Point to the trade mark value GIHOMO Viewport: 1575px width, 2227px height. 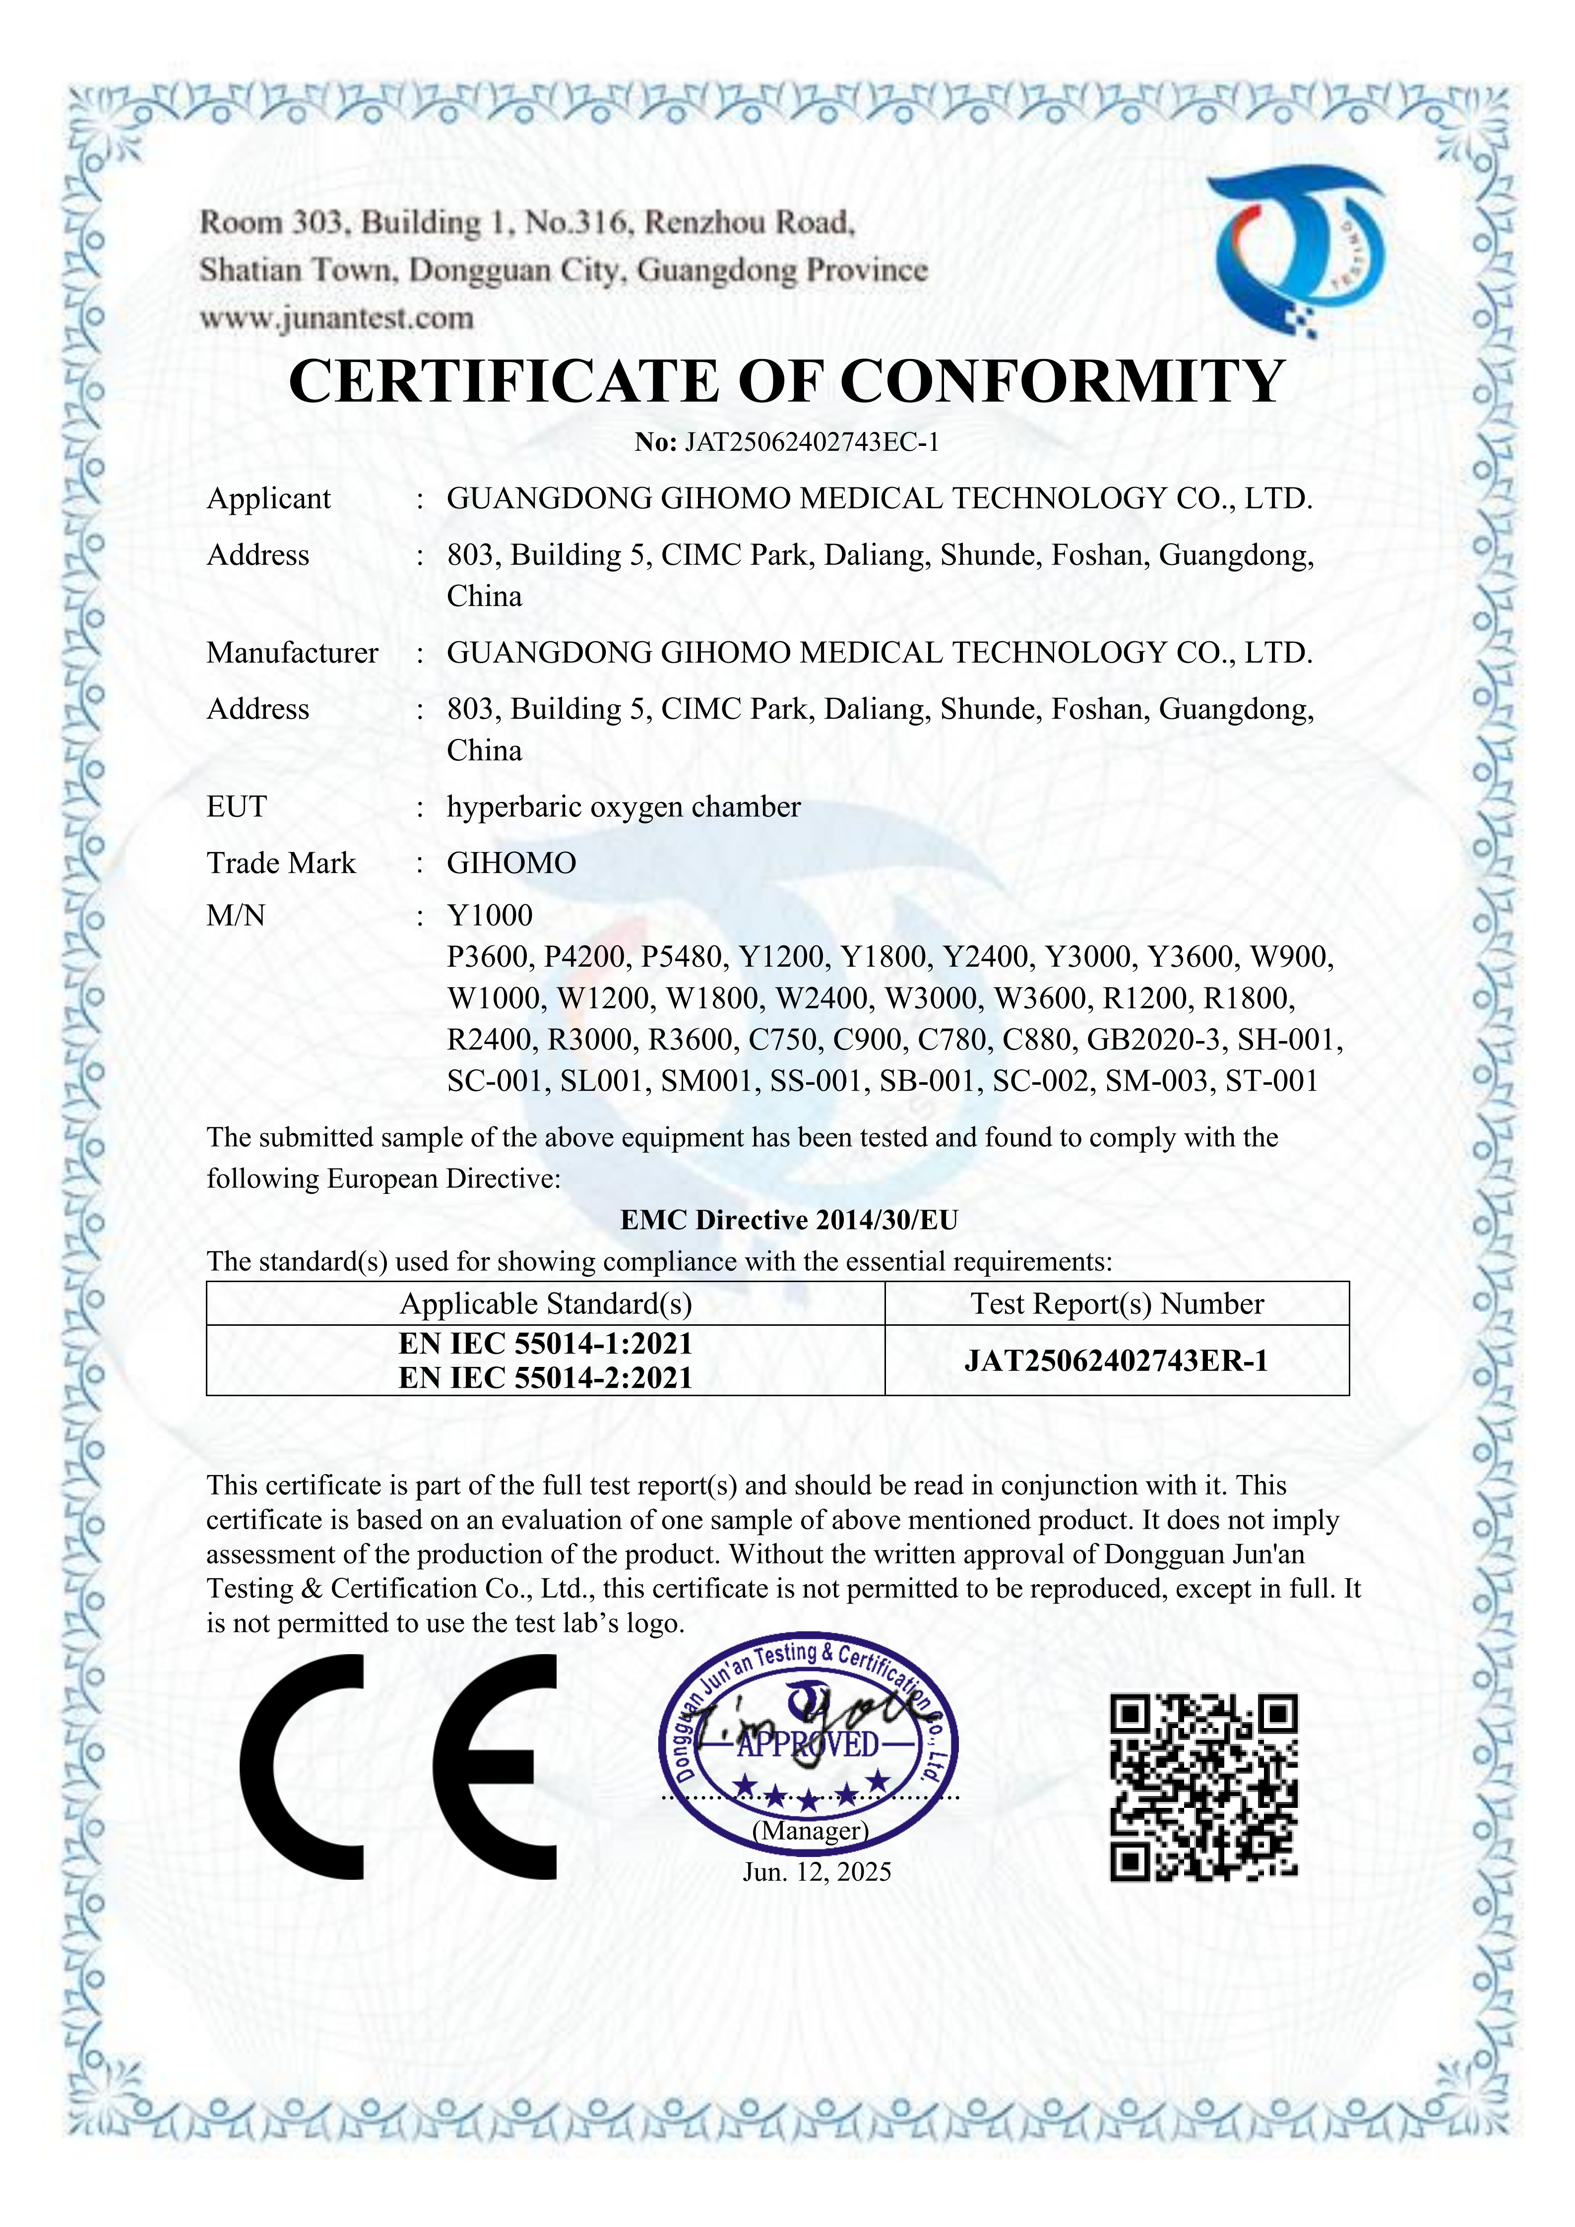pyautogui.click(x=511, y=863)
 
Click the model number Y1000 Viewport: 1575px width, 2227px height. pyautogui.click(x=490, y=915)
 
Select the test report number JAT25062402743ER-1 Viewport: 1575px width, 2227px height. pyautogui.click(x=1116, y=1361)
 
